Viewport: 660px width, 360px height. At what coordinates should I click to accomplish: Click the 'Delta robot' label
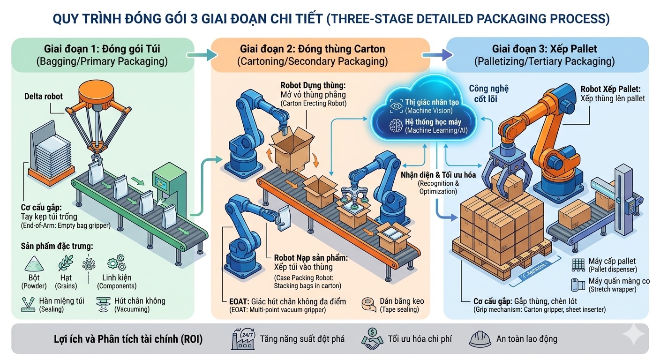tap(44, 97)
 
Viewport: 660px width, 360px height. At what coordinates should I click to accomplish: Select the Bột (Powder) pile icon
tap(34, 264)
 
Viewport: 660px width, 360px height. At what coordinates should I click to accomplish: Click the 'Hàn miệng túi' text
tap(62, 300)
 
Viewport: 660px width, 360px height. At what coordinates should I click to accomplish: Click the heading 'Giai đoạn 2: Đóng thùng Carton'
tap(312, 49)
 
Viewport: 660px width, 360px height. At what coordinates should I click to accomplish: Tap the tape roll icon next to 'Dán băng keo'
tap(369, 305)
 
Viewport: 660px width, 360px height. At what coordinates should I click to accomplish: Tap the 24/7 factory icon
tap(243, 338)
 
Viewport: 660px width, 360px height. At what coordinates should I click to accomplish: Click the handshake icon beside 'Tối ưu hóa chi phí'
tap(372, 338)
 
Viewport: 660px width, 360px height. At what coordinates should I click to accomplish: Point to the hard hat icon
tap(480, 338)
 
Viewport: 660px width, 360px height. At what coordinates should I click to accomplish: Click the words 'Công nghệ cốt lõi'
tap(488, 93)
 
